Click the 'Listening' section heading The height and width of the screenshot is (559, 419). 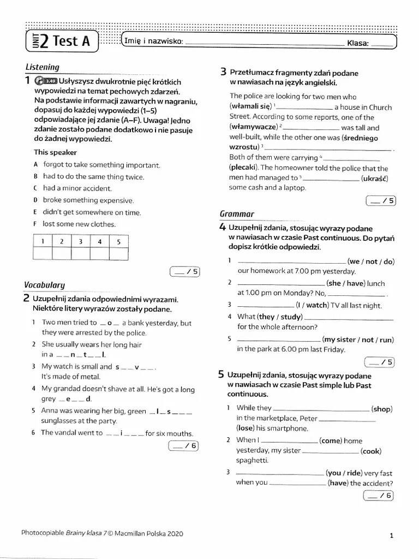42,67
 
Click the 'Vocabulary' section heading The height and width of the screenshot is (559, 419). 44,284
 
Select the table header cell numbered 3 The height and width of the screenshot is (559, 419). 80,241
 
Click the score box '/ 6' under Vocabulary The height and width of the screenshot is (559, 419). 184,446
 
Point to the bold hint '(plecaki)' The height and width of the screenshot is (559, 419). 244,168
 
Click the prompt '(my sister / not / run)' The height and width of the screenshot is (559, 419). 357,340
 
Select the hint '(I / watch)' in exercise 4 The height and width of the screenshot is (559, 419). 312,305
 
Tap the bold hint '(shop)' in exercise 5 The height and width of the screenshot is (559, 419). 381,409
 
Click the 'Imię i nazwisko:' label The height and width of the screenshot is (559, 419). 153,42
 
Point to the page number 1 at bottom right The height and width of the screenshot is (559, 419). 392,536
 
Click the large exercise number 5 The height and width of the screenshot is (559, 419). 221,375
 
